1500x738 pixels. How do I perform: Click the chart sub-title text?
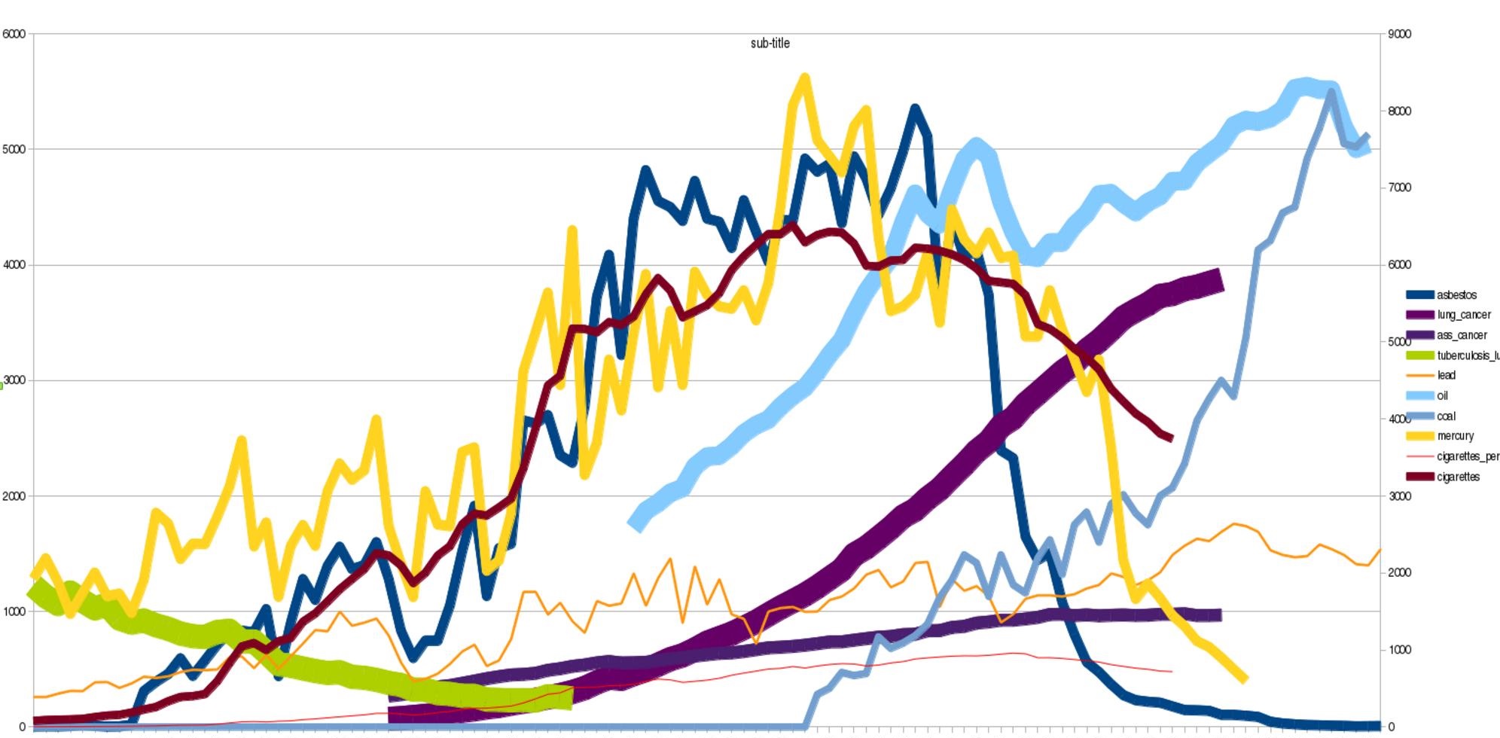pyautogui.click(x=770, y=44)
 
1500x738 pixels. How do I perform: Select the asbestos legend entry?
pyautogui.click(x=1456, y=295)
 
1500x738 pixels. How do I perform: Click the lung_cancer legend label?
pyautogui.click(x=1463, y=315)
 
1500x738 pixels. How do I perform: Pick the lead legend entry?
pyautogui.click(x=1446, y=375)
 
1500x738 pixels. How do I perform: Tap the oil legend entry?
pyautogui.click(x=1442, y=395)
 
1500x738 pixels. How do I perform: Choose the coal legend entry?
pyautogui.click(x=1446, y=416)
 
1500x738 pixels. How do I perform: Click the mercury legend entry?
pyautogui.click(x=1455, y=436)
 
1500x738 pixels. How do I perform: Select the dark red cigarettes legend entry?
pyautogui.click(x=1458, y=477)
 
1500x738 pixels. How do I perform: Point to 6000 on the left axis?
pyautogui.click(x=14, y=34)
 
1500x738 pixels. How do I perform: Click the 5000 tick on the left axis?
pyautogui.click(x=14, y=149)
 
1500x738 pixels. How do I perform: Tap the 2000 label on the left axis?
pyautogui.click(x=14, y=496)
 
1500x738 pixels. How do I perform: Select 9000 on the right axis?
pyautogui.click(x=1399, y=34)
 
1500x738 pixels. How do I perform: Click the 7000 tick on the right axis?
pyautogui.click(x=1399, y=188)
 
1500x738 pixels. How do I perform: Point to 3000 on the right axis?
pyautogui.click(x=1399, y=496)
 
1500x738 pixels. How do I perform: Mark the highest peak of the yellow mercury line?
pyautogui.click(x=804, y=78)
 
